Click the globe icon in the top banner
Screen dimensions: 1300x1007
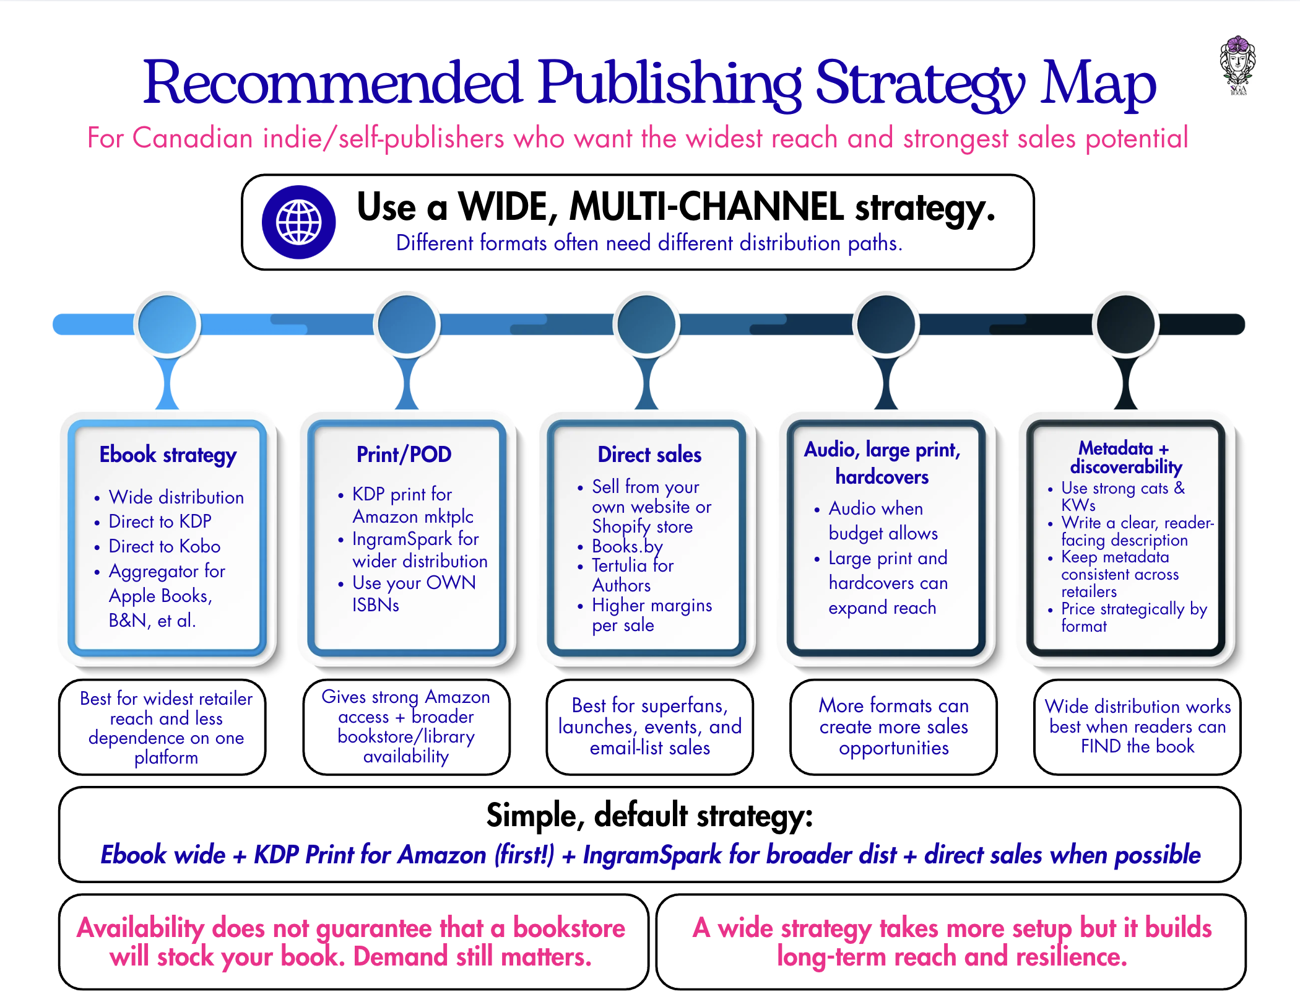point(298,222)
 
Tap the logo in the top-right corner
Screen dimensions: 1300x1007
point(1237,65)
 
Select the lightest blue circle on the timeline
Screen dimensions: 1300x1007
point(167,324)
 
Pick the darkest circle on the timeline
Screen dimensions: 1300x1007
point(1125,324)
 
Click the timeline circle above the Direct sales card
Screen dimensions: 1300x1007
point(646,324)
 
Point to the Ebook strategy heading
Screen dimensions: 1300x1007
point(168,455)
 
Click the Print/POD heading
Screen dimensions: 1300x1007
point(404,455)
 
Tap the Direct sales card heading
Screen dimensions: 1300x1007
point(649,455)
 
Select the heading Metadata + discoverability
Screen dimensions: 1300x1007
point(1125,457)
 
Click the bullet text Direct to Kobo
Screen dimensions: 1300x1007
point(165,546)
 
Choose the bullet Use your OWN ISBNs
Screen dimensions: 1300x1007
point(414,593)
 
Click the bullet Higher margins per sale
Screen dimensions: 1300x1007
point(652,615)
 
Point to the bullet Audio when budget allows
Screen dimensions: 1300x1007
point(883,521)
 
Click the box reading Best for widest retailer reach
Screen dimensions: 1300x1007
point(162,727)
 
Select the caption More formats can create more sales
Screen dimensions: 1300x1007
point(893,727)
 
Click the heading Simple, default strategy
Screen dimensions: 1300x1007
point(649,816)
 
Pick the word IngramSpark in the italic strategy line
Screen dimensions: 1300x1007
point(652,855)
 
